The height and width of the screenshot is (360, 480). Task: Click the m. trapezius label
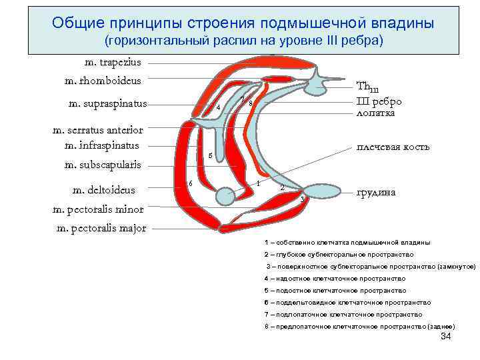[x=113, y=63]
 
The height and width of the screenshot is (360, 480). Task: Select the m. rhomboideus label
[x=103, y=81]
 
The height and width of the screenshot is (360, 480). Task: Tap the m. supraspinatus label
[x=108, y=103]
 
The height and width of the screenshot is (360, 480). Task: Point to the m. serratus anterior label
[x=97, y=130]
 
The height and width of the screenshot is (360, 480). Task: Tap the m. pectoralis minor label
[x=98, y=209]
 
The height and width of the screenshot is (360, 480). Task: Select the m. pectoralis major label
[x=102, y=228]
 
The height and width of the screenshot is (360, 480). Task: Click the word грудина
[x=376, y=192]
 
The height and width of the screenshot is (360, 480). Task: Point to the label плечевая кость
[x=393, y=147]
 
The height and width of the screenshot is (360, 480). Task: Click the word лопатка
[x=376, y=113]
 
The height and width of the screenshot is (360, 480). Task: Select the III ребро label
[x=379, y=101]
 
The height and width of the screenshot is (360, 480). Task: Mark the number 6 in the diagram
[x=191, y=183]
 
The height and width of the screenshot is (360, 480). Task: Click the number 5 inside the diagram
[x=210, y=156]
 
